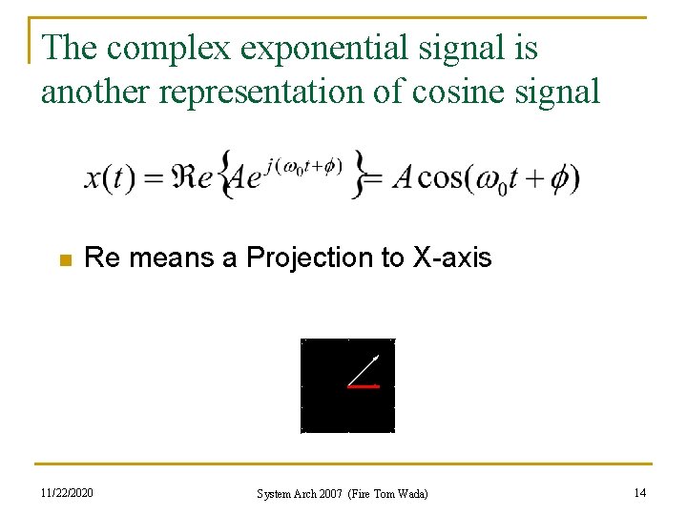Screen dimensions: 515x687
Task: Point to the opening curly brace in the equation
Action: click(226, 175)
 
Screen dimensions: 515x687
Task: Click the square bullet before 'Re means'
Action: click(64, 259)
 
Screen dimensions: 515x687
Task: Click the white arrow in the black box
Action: click(364, 370)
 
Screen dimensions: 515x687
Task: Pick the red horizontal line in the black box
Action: click(364, 386)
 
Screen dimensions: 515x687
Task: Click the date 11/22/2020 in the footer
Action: click(68, 492)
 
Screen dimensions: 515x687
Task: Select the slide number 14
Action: click(638, 492)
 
